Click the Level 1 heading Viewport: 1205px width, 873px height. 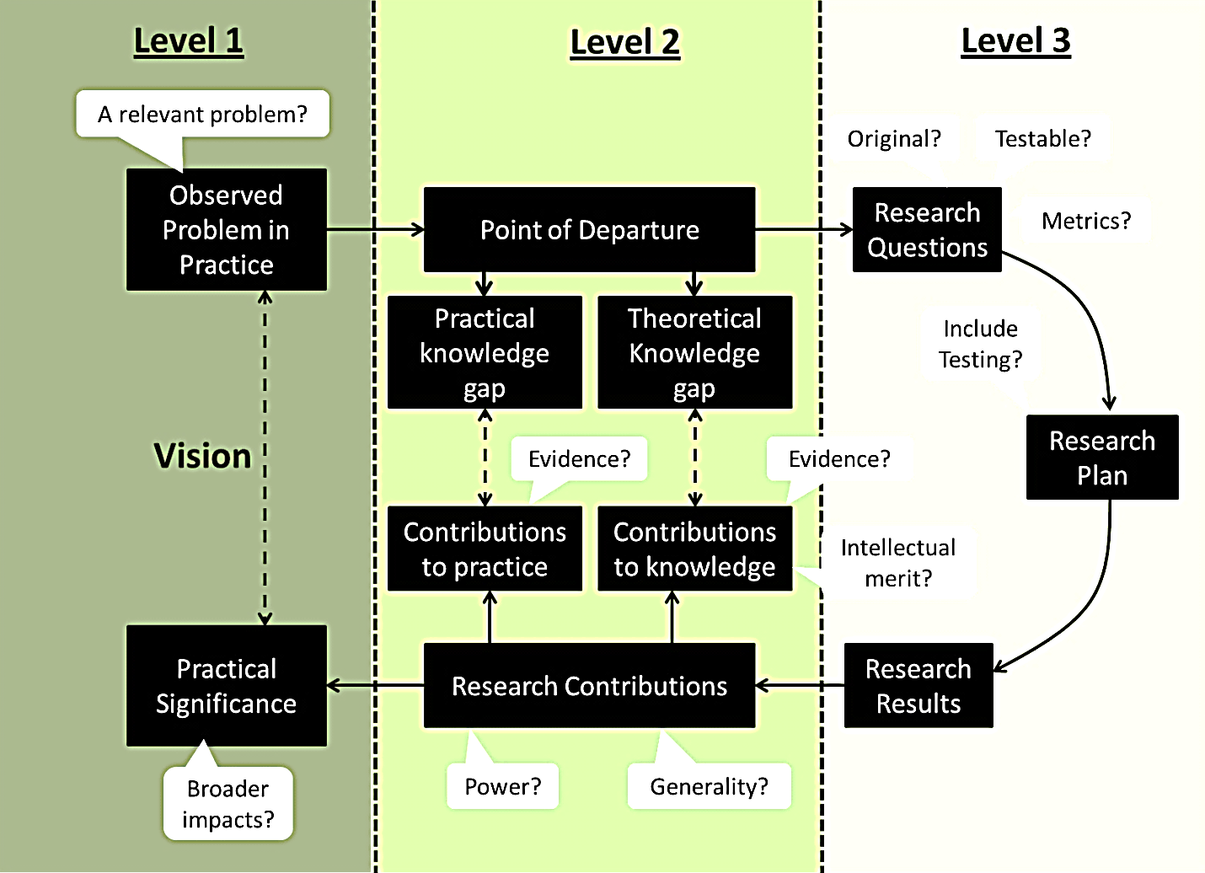click(188, 41)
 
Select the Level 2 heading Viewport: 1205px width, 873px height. click(624, 42)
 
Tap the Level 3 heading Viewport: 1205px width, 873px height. click(1015, 40)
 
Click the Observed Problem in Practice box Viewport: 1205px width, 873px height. click(226, 230)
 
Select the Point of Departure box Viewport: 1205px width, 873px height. click(589, 230)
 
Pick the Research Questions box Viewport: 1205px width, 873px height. click(927, 230)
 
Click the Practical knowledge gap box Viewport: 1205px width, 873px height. click(485, 352)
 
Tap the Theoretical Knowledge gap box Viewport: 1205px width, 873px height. click(694, 352)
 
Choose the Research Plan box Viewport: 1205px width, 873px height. click(1101, 458)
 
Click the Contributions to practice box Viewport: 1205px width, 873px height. click(485, 549)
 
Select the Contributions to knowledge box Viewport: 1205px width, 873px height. click(694, 549)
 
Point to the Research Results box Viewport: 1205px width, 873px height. click(918, 685)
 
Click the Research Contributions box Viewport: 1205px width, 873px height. click(589, 686)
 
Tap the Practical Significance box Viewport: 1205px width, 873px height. click(226, 686)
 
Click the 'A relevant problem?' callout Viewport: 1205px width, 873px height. click(202, 114)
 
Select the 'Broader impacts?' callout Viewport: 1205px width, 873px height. click(228, 804)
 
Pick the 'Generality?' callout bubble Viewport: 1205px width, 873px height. click(709, 786)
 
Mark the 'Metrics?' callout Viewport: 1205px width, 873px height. click(1086, 221)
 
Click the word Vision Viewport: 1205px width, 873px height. click(202, 456)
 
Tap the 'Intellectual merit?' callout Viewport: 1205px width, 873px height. click(897, 563)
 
